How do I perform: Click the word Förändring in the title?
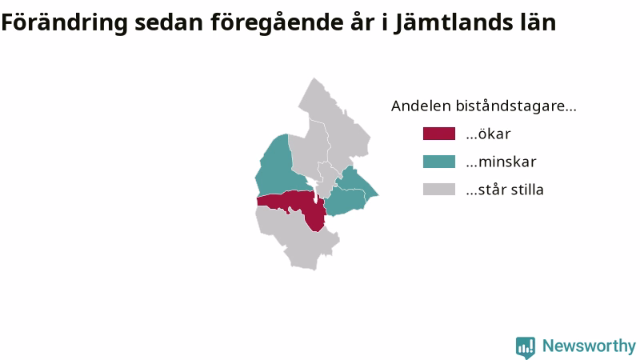(x=65, y=23)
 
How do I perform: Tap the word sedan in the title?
(x=169, y=22)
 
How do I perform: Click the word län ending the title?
(x=538, y=22)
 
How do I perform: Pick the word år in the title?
(x=362, y=22)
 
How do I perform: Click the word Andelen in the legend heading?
(x=421, y=106)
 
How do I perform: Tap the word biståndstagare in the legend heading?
(x=516, y=106)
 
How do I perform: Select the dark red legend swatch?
(x=438, y=134)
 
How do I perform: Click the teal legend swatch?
(x=438, y=162)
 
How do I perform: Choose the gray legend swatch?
(x=438, y=190)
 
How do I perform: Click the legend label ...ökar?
(x=488, y=134)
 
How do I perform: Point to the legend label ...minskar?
(x=501, y=162)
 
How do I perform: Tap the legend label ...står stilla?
(x=505, y=190)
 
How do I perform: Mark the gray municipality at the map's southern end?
(x=298, y=237)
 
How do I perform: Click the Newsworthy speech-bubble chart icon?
(x=526, y=347)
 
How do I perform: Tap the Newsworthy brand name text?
(x=589, y=346)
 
